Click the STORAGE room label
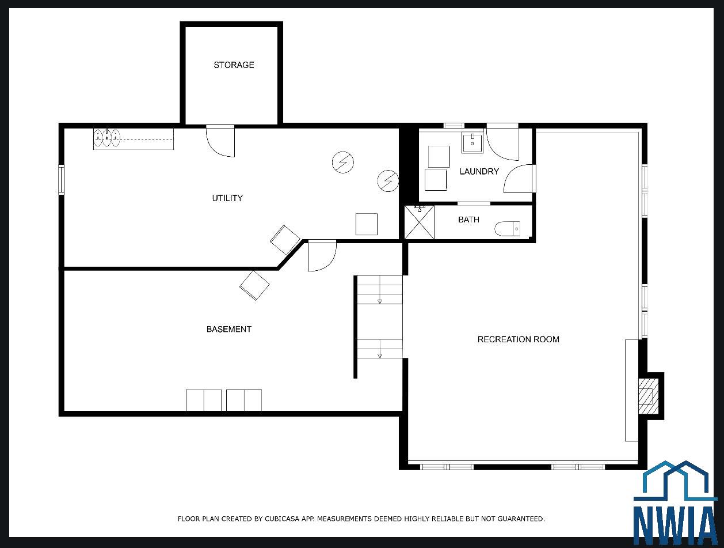(234, 65)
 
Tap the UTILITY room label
(227, 198)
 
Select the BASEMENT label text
(229, 329)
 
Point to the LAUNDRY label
(479, 171)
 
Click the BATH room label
(468, 220)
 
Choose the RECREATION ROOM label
(518, 339)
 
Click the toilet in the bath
(507, 229)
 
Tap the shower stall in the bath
(419, 222)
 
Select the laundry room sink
(472, 142)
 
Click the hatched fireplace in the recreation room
(649, 396)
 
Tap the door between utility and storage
(220, 141)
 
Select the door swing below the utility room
(322, 256)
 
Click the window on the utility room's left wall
(62, 179)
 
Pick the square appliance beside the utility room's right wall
(367, 224)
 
